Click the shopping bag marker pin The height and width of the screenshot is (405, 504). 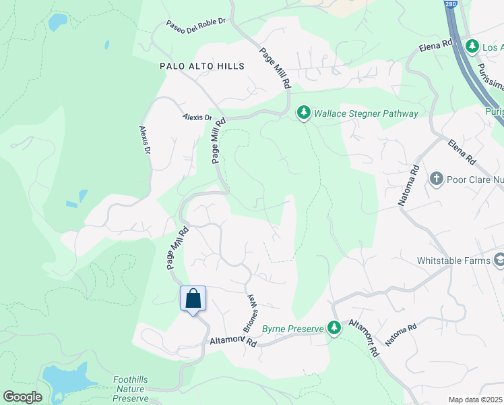coord(193,299)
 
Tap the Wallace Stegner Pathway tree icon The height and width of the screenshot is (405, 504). coord(304,113)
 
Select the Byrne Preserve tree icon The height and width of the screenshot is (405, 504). coord(334,327)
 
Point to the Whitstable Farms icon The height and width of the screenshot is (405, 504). coord(499,259)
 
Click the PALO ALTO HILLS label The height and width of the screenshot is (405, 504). coord(201,66)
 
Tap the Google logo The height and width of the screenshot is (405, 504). coord(22,397)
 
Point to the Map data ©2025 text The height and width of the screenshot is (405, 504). coord(476,400)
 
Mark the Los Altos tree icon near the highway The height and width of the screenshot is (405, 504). coord(473,46)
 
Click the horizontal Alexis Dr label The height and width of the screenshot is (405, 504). coord(197,117)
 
